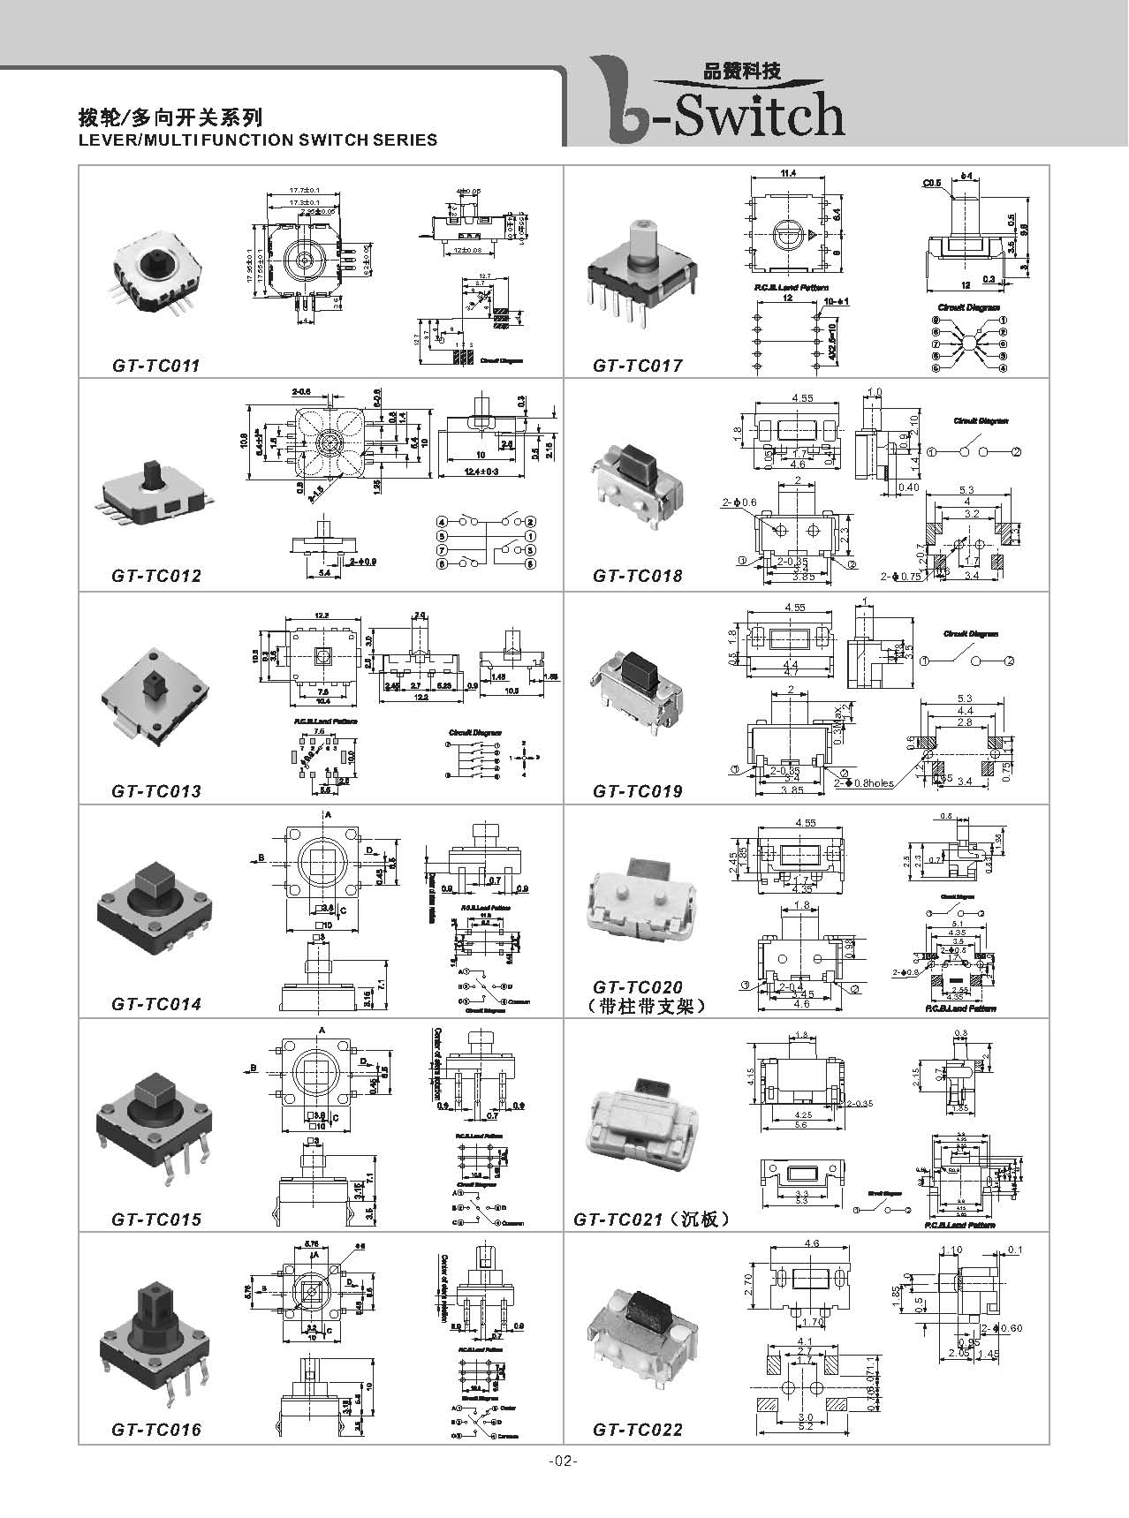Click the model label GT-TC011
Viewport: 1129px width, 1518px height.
pyautogui.click(x=156, y=366)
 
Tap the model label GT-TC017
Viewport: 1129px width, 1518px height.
pyautogui.click(x=638, y=366)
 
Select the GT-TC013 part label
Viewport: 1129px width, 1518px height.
pyautogui.click(x=156, y=791)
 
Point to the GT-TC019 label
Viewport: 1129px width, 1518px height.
pyautogui.click(x=638, y=791)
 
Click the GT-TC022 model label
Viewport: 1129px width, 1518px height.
pyautogui.click(x=638, y=1430)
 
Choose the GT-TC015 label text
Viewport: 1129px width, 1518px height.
pyautogui.click(x=156, y=1220)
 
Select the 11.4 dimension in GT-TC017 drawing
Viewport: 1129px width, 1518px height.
pyautogui.click(x=788, y=174)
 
